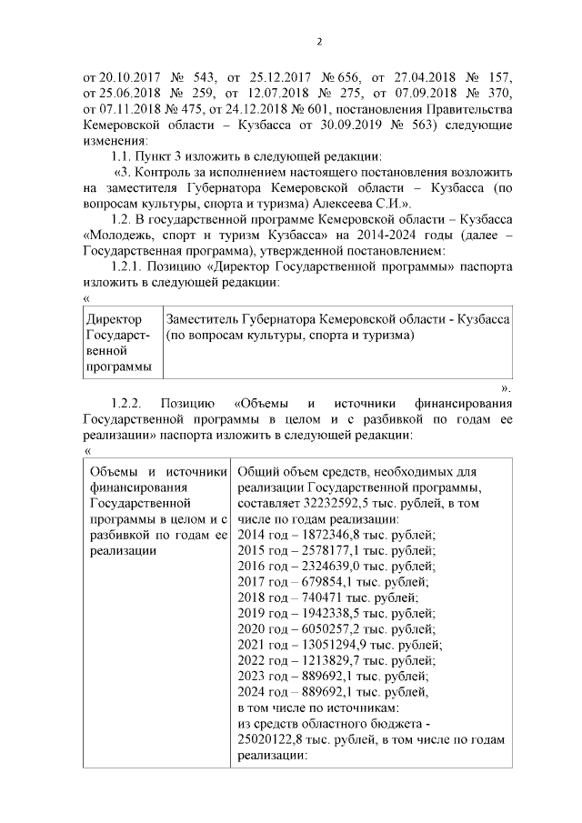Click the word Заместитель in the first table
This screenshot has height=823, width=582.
click(206, 320)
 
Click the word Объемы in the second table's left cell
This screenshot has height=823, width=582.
click(113, 470)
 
